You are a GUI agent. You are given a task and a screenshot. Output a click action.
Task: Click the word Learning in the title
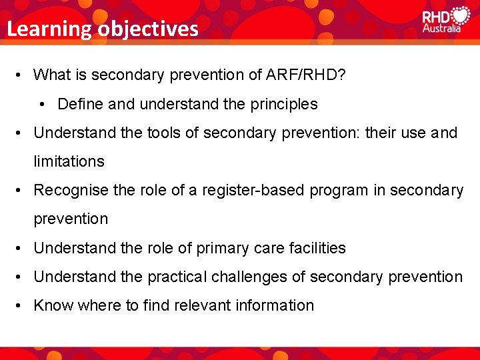49,29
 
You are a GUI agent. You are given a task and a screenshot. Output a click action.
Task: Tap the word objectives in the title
147,29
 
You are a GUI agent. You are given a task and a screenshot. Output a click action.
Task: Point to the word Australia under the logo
441,29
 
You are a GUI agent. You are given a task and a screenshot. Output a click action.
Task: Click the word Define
79,104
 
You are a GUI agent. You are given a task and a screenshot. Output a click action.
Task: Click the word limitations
69,161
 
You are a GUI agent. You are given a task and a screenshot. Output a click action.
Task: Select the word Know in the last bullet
53,305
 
